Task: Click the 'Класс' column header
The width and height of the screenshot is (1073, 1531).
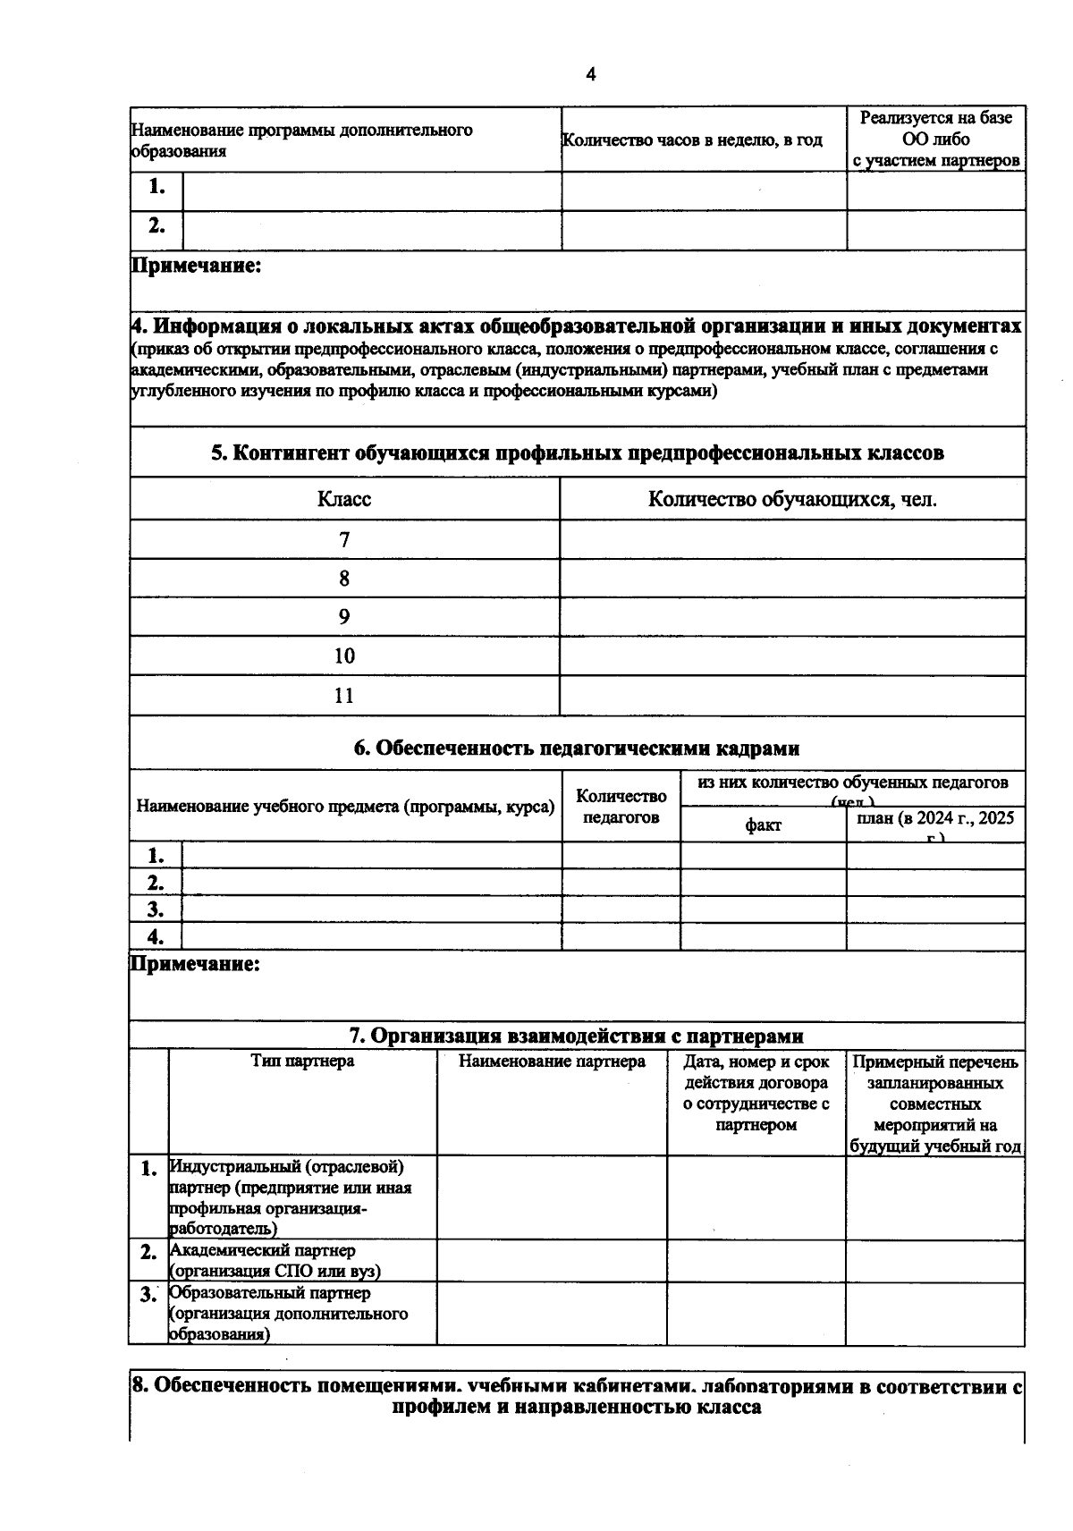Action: [x=344, y=499]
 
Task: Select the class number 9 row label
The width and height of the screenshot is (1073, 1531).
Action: [x=344, y=617]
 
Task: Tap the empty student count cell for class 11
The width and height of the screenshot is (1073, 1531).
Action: [x=791, y=696]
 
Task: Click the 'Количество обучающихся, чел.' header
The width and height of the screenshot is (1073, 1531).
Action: [x=792, y=499]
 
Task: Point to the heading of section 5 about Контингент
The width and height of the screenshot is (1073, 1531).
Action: [x=577, y=453]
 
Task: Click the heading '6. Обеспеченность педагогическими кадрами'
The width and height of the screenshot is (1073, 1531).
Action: [x=577, y=748]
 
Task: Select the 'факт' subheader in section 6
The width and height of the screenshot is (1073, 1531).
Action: [x=763, y=825]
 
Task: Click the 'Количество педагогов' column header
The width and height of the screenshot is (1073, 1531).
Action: [x=621, y=806]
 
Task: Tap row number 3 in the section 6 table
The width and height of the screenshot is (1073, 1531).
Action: [x=156, y=909]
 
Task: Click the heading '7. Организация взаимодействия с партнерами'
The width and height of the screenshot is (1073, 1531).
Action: [x=577, y=1036]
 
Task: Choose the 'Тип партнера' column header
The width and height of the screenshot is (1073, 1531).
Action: [x=302, y=1062]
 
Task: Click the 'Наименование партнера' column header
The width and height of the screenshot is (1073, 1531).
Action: [x=552, y=1062]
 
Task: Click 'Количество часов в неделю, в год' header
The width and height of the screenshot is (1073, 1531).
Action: [x=691, y=140]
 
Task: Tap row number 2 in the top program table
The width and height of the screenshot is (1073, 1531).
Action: [x=156, y=226]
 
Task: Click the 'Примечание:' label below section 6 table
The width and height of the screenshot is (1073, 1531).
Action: [x=196, y=964]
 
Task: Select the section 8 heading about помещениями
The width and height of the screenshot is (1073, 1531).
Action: [x=577, y=1395]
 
